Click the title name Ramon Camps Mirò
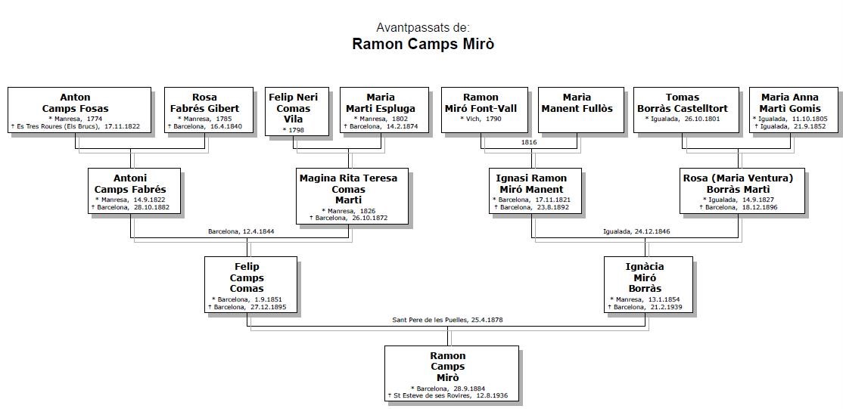[422, 44]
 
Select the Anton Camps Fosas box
[79, 110]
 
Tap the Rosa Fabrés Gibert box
[204, 110]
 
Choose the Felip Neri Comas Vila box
[297, 111]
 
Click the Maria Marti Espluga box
[390, 110]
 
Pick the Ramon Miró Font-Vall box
[481, 110]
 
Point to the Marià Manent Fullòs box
[577, 110]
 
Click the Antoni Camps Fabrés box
[134, 191]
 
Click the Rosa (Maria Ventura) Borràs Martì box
[738, 191]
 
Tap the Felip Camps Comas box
[250, 284]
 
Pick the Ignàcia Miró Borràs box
[648, 284]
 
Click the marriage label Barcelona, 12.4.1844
[241, 231]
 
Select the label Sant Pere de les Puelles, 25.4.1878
[447, 320]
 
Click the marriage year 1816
[530, 141]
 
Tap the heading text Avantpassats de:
[422, 28]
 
